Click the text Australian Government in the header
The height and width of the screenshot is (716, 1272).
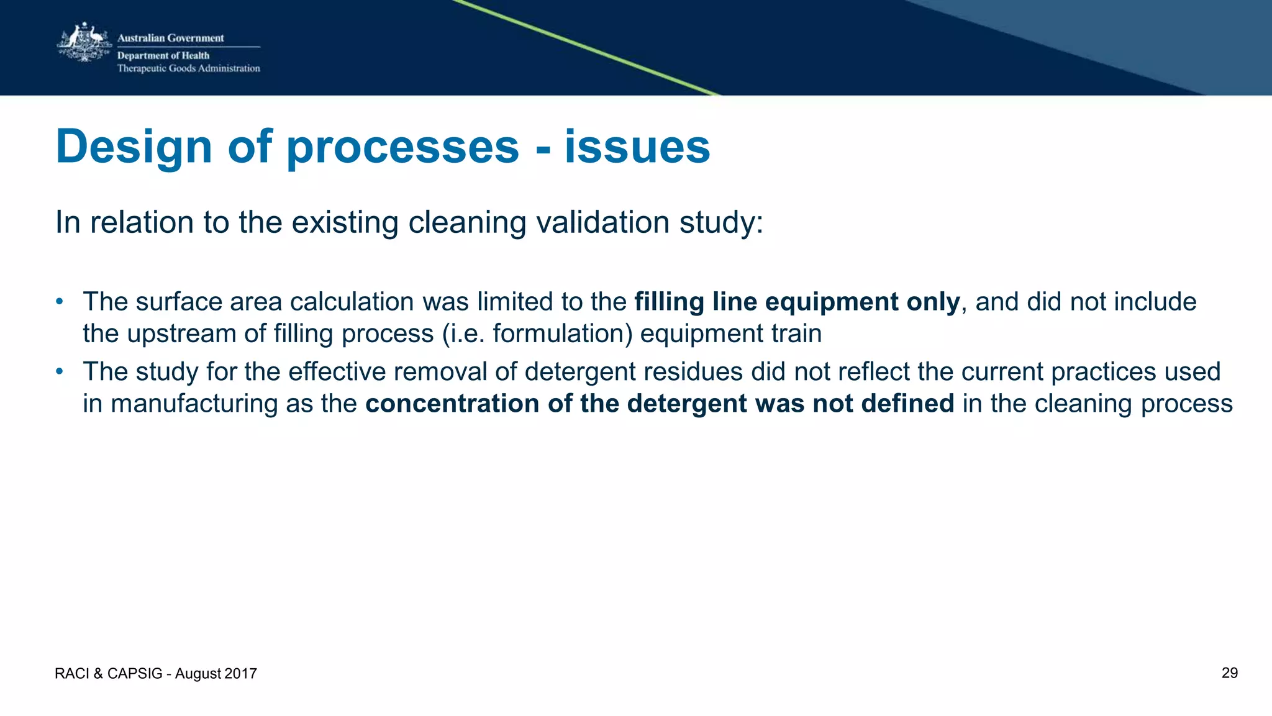coord(170,38)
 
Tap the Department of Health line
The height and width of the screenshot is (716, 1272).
coord(163,55)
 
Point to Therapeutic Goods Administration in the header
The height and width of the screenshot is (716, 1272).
coord(188,68)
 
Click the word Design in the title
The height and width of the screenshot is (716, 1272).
coord(134,147)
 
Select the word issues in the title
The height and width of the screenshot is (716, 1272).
coord(637,147)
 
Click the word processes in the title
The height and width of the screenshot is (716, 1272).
coord(402,147)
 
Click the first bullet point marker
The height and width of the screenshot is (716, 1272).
coord(60,301)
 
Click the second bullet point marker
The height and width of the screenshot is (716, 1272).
coord(60,371)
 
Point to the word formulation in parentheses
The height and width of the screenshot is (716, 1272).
coord(561,333)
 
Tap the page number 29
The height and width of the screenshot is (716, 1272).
coord(1229,673)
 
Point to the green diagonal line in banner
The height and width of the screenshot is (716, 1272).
coord(584,47)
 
